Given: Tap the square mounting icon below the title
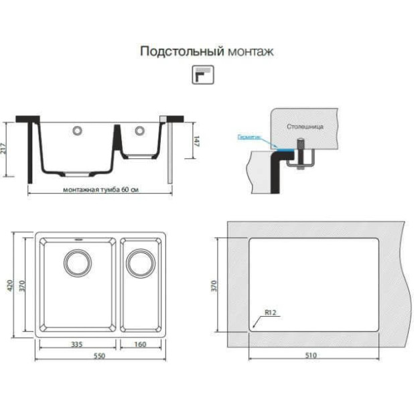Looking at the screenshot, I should pos(202,75).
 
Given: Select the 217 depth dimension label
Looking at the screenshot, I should pos(6,149).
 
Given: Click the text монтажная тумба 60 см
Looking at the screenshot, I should pos(100,190).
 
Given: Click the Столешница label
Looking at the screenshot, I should pos(305,125).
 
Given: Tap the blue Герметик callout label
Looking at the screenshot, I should pos(249,136).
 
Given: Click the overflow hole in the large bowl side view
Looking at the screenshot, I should pos(78,130).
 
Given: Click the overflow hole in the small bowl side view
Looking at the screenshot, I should pos(139,130).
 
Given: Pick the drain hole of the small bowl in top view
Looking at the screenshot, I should pos(141,263).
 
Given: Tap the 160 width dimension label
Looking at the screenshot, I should pos(141,344).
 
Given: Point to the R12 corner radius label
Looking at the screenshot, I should pos(271,312).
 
